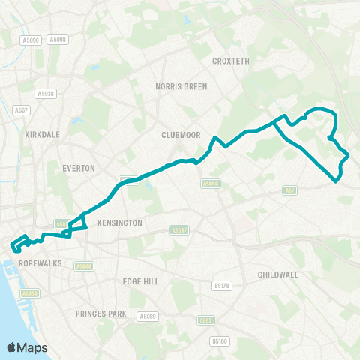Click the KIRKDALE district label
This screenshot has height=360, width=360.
pyautogui.click(x=41, y=135)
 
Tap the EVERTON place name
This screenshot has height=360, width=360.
pyautogui.click(x=79, y=169)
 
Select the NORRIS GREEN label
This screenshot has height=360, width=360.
pyautogui.click(x=181, y=86)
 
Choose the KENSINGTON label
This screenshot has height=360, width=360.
pyautogui.click(x=119, y=223)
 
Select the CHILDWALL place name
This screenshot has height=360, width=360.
pyautogui.click(x=277, y=275)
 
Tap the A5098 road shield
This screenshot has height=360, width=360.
pyautogui.click(x=57, y=40)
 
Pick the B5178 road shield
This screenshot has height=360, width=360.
pyautogui.click(x=221, y=286)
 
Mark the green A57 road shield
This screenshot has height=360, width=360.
pyautogui.click(x=291, y=190)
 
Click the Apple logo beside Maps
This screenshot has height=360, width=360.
pyautogui.click(x=12, y=347)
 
